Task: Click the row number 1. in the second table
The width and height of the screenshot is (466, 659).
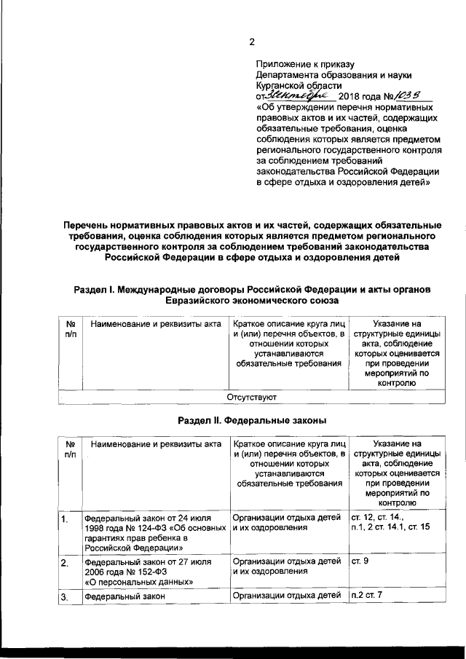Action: pyautogui.click(x=65, y=518)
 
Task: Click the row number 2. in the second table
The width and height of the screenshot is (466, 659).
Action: pyautogui.click(x=65, y=563)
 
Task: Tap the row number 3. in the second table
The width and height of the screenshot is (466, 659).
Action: pyautogui.click(x=65, y=597)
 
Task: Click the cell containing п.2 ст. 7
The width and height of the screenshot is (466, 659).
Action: pyautogui.click(x=366, y=596)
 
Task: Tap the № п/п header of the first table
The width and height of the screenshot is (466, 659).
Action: pyautogui.click(x=70, y=327)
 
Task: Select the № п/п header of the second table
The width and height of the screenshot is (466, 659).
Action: pyautogui.click(x=70, y=449)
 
